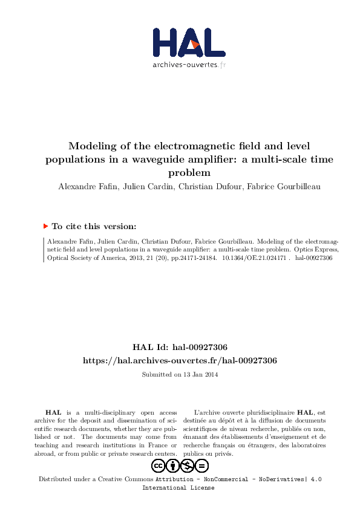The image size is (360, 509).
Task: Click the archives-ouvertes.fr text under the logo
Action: click(x=189, y=64)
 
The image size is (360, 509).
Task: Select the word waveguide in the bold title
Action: click(x=178, y=160)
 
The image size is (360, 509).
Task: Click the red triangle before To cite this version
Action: click(x=45, y=226)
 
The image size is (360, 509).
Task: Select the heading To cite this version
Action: click(x=94, y=227)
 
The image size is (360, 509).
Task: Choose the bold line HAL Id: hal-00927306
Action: click(x=180, y=347)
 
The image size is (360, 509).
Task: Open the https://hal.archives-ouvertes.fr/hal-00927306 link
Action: click(x=180, y=360)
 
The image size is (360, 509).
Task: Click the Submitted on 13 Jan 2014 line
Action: click(x=180, y=375)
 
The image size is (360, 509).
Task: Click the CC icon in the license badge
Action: click(x=158, y=465)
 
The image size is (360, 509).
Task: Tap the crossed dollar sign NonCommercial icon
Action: click(x=188, y=465)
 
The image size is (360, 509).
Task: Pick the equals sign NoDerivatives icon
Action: click(x=202, y=465)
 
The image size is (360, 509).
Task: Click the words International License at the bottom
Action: click(x=178, y=488)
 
